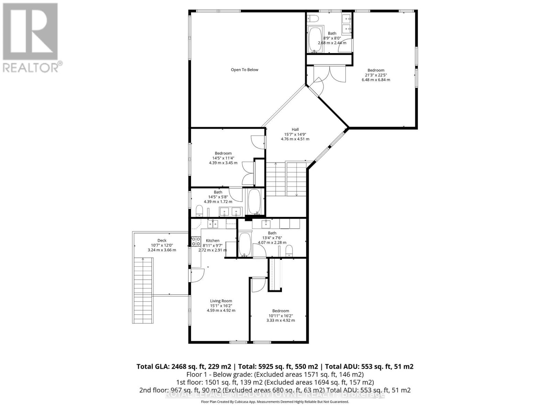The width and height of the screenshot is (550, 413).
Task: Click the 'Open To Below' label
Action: (244, 70)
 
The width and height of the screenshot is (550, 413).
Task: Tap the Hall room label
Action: (295, 130)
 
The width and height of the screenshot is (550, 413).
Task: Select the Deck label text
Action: (162, 241)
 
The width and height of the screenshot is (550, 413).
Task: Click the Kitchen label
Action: (212, 241)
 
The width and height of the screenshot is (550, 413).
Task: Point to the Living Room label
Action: (221, 301)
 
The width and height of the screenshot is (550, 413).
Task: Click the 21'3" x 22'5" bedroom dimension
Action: (376, 75)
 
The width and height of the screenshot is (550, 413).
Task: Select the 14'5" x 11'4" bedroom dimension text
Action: (223, 158)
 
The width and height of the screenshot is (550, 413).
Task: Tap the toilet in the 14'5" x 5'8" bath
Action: (199, 210)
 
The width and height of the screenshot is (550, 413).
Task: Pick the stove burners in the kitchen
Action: (196, 241)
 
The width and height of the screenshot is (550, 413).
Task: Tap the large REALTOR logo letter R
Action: (30, 32)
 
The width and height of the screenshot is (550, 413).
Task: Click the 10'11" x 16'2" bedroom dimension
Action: (280, 316)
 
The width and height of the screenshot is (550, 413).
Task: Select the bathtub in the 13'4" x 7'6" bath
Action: (245, 244)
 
